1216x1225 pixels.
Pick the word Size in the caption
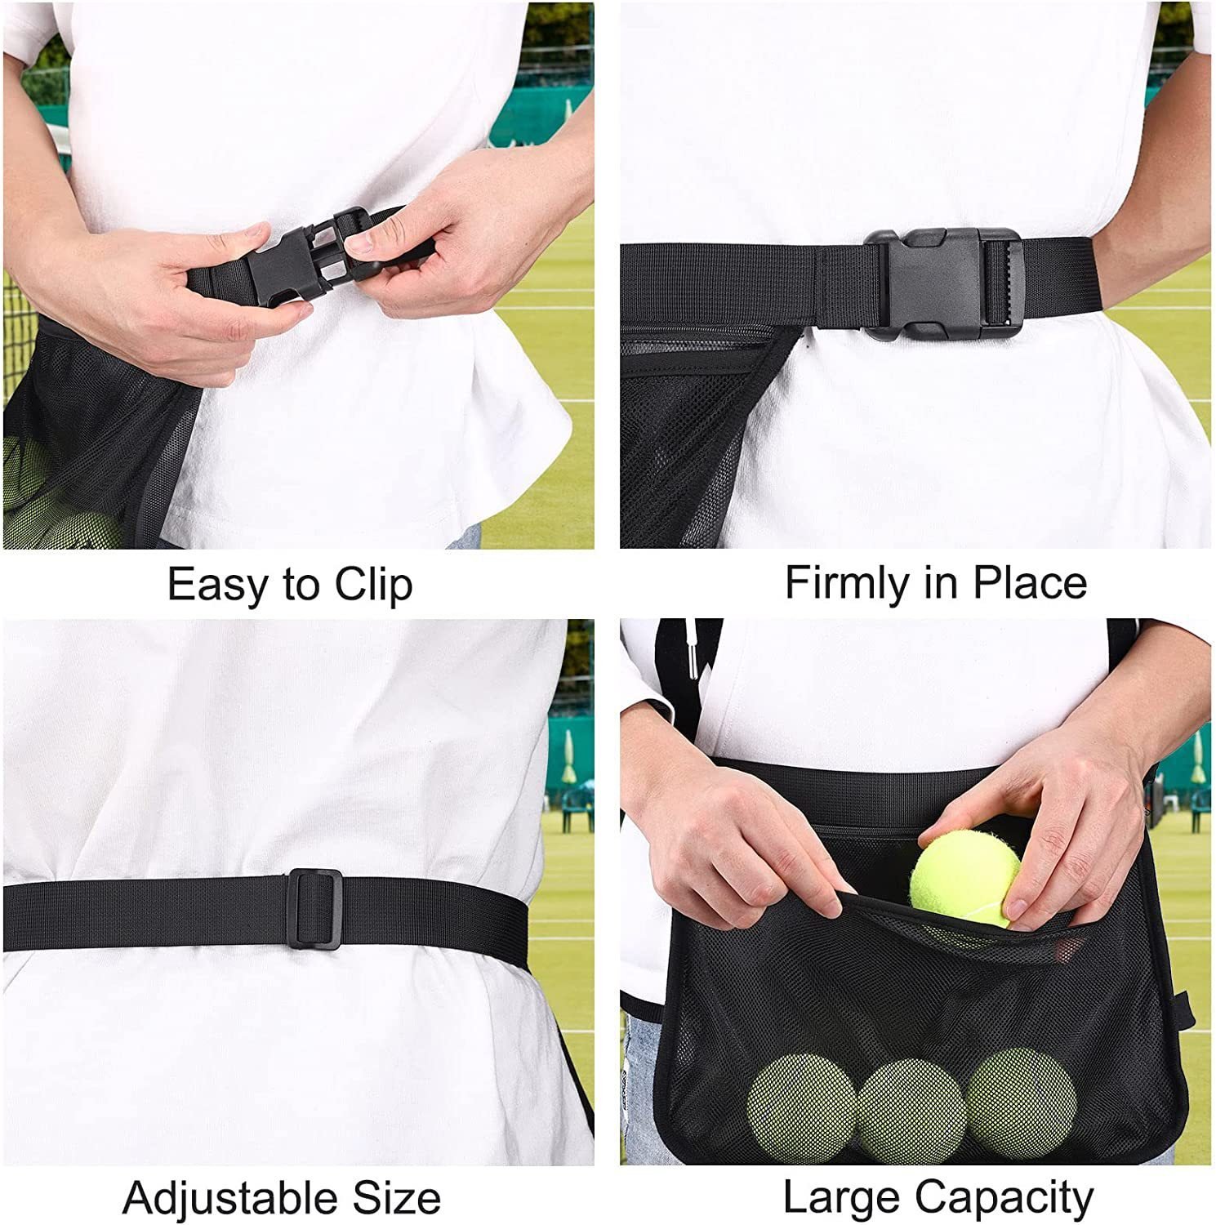pos(397,1199)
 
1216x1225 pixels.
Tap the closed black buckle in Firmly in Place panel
pos(943,283)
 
